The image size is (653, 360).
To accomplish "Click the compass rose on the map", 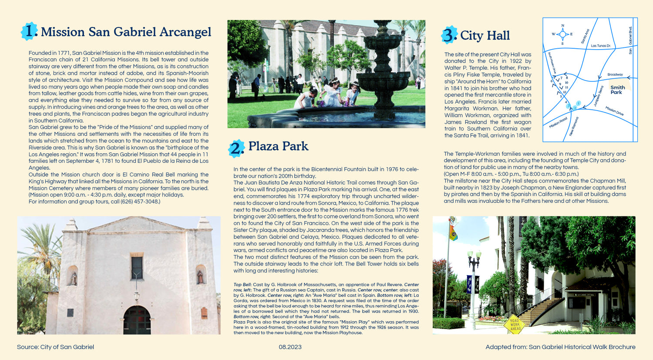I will [x=562, y=34].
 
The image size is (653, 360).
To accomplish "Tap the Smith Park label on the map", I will [x=617, y=90].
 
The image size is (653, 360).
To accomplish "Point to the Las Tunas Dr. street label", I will [x=601, y=46].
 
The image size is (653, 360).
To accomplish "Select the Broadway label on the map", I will [x=615, y=74].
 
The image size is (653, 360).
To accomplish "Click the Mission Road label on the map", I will [x=558, y=122].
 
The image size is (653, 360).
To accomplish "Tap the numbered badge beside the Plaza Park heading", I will [x=236, y=148].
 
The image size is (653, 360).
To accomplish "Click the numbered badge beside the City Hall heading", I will [x=449, y=35].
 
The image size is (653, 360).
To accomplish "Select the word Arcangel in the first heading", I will [x=185, y=32].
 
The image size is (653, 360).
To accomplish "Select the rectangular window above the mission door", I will [x=137, y=268].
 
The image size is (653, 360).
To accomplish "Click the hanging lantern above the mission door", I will [x=137, y=296].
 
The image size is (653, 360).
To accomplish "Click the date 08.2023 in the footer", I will [x=290, y=347].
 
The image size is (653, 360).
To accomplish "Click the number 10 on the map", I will [x=566, y=82].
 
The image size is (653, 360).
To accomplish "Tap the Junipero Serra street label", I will [x=599, y=96].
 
